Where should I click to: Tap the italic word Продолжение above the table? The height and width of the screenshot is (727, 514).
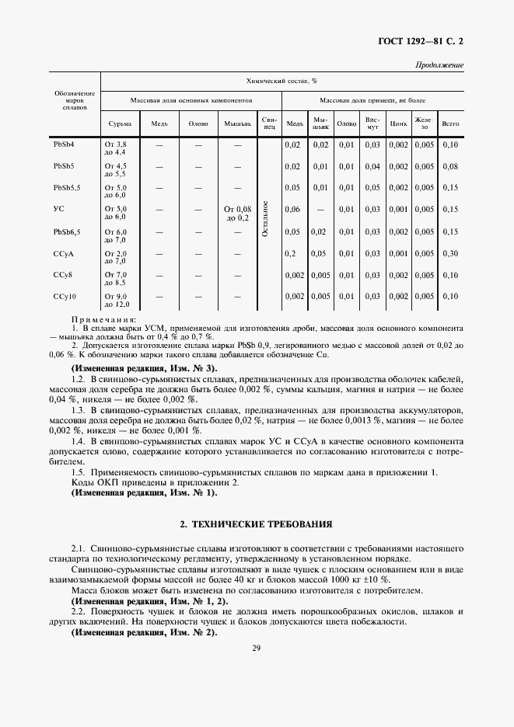[439, 65]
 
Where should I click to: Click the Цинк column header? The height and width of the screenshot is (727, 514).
[398, 123]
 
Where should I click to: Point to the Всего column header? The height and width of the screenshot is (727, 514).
[449, 123]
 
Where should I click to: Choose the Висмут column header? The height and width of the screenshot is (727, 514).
[372, 123]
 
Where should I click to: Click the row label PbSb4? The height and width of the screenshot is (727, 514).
[64, 144]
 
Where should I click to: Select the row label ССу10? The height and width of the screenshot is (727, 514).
[64, 296]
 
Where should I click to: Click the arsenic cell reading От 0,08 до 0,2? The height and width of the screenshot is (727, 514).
[238, 214]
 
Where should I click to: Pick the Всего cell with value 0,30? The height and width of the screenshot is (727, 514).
[449, 253]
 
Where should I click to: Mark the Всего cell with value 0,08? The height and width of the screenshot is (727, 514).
[449, 166]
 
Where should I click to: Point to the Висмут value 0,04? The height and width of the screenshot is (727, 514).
[372, 166]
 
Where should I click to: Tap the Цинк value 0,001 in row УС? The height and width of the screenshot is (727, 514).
[398, 210]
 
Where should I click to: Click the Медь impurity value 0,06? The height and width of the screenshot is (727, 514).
[292, 210]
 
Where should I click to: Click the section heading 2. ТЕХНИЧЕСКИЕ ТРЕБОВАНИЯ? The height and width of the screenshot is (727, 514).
[257, 525]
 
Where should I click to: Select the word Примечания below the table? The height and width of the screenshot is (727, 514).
[103, 319]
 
